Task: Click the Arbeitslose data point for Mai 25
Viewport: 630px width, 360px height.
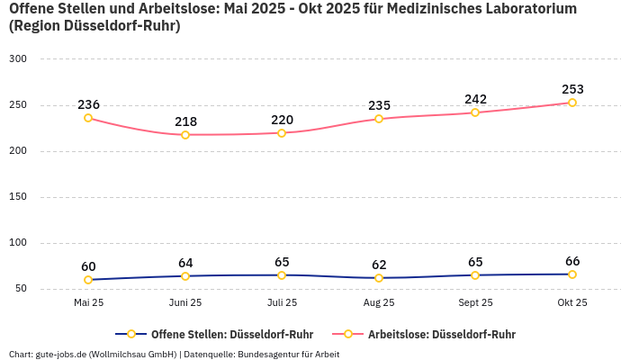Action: [x=88, y=118]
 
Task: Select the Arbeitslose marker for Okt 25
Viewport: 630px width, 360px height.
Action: [x=572, y=103]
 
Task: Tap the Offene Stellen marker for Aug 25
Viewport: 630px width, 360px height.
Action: [x=379, y=278]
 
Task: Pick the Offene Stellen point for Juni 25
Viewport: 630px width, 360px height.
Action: [x=185, y=276]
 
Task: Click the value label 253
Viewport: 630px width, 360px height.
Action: [x=572, y=89]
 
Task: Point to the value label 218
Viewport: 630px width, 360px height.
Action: [x=185, y=121]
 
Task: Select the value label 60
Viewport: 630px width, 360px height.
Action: [x=88, y=266]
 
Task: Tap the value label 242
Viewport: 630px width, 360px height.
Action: [x=475, y=99]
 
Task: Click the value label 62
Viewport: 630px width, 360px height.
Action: [x=379, y=265]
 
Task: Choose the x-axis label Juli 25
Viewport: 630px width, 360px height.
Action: [x=282, y=303]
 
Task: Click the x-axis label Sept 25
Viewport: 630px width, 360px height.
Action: [x=475, y=303]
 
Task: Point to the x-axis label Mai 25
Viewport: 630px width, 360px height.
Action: [x=88, y=303]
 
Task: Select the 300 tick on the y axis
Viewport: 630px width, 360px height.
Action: [x=18, y=59]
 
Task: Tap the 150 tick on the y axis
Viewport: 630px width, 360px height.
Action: [x=18, y=197]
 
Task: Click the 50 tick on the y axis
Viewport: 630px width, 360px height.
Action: [x=21, y=289]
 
